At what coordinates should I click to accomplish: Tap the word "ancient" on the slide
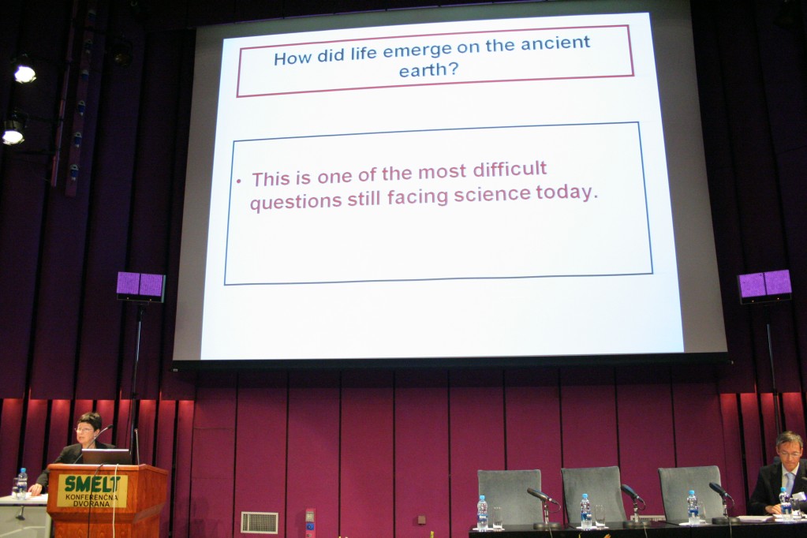(555, 43)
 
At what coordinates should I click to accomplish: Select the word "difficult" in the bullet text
(510, 169)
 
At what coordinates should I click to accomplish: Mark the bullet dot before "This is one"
(238, 181)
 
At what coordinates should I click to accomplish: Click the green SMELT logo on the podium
(92, 484)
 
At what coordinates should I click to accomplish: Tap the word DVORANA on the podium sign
(92, 503)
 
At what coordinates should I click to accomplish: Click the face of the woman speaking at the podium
(85, 429)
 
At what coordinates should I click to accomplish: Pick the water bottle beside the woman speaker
(22, 483)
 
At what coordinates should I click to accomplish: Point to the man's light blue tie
(790, 484)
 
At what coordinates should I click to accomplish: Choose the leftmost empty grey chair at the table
(509, 495)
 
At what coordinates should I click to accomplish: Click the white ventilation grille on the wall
(260, 522)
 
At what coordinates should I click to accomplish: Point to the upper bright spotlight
(24, 73)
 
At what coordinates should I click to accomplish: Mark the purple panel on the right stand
(765, 285)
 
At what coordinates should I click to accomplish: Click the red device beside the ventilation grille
(310, 522)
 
